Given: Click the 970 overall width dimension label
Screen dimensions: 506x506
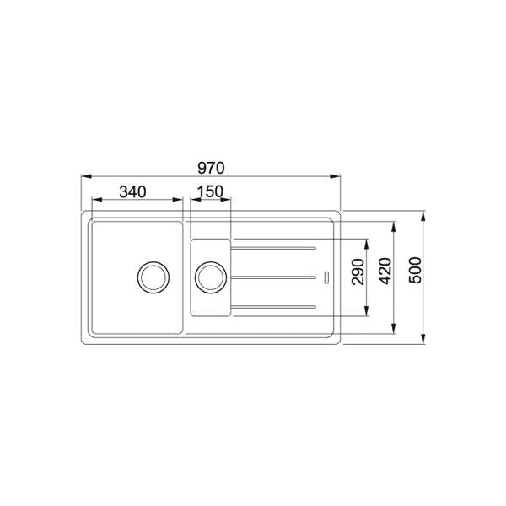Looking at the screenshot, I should (212, 167).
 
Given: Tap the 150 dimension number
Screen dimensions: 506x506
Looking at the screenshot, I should (207, 191).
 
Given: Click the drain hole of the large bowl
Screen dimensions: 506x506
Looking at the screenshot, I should (153, 276).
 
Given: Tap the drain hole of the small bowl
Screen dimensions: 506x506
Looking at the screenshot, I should (210, 277).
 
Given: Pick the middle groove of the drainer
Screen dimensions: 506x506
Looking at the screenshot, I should (275, 277).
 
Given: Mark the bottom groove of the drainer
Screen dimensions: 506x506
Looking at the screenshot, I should (275, 305).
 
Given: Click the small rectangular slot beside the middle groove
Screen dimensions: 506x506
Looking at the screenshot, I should (326, 277).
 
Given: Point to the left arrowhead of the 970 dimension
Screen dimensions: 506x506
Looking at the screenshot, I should (85, 177).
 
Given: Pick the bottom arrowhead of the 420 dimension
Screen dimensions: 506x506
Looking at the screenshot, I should (395, 329).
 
